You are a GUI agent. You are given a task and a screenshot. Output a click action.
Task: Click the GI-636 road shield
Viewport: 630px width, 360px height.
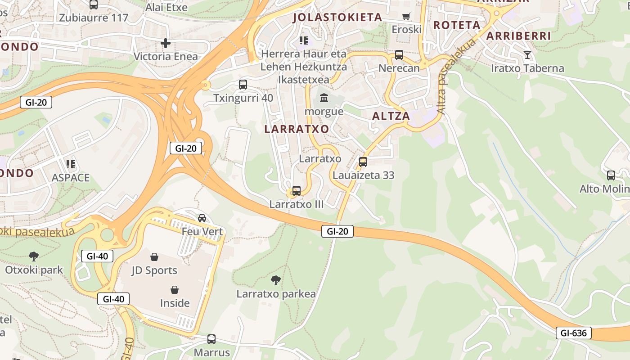tap(573, 333)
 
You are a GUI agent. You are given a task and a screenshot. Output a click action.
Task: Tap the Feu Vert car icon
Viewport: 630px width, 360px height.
tap(202, 218)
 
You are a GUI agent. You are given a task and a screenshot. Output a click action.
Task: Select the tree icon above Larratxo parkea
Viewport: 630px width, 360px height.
tap(276, 281)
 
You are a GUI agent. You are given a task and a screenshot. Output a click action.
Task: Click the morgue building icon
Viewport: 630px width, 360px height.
tap(324, 98)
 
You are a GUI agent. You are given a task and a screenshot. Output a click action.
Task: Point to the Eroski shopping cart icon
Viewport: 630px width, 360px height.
tap(406, 17)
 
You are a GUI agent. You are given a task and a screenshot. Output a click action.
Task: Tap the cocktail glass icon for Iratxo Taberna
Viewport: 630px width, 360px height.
tap(527, 55)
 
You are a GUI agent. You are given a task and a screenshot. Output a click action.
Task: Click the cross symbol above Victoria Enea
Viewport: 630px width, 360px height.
tap(166, 43)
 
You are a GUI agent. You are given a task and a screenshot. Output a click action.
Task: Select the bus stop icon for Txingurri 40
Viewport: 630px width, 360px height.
tap(243, 84)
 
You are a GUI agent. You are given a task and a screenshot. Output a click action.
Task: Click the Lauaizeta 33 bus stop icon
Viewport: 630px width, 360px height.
tap(363, 162)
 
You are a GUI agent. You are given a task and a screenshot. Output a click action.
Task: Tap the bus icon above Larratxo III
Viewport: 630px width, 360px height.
tap(297, 191)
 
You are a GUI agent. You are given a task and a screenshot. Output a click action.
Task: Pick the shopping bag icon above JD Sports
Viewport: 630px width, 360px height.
tap(154, 257)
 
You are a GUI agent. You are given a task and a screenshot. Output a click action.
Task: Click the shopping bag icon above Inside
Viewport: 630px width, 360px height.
tap(175, 289)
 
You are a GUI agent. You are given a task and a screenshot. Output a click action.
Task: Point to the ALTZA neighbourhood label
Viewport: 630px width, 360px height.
tap(391, 116)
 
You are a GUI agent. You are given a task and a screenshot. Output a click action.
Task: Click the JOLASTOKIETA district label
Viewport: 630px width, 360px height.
tap(337, 18)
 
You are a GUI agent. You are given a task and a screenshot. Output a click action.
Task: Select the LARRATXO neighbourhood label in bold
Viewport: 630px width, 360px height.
tap(297, 129)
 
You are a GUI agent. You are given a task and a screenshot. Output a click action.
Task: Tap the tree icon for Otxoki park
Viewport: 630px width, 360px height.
tap(34, 256)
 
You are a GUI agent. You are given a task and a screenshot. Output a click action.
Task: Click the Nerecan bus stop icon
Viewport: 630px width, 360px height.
tap(399, 55)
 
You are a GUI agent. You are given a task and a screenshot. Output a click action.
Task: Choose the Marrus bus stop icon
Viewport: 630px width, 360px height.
tap(211, 339)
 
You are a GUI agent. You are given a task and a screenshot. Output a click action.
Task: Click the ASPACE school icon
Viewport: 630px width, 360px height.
tap(71, 164)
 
